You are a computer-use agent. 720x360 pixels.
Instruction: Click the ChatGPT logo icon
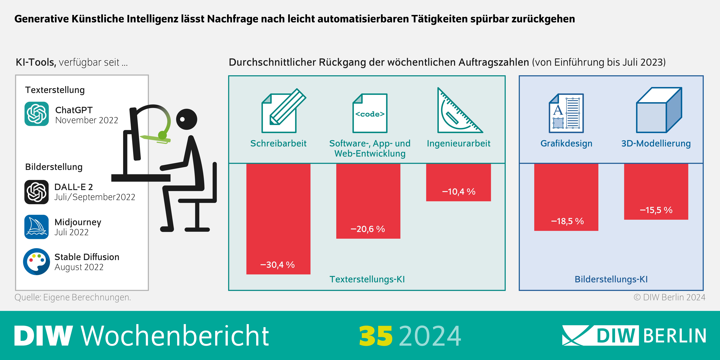click(37, 114)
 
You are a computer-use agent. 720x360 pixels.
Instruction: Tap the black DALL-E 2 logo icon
click(37, 192)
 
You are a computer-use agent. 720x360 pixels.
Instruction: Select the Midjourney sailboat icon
click(37, 227)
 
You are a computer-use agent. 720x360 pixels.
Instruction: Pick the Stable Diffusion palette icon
click(37, 262)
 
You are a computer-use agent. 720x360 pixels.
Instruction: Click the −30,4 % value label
click(278, 265)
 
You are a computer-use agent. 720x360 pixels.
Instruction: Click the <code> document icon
click(370, 113)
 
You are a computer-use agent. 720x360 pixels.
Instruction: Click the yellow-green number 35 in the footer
click(376, 336)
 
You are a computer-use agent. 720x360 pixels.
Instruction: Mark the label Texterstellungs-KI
click(367, 279)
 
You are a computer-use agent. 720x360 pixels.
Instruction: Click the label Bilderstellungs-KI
click(611, 279)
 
